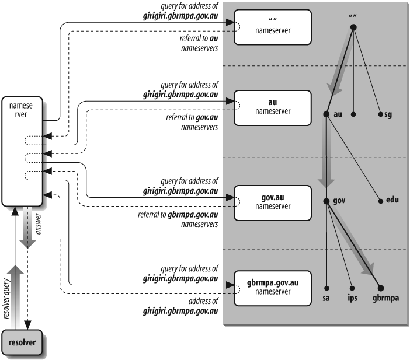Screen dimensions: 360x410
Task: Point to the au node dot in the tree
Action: [x=326, y=114]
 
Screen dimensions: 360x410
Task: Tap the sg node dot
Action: [x=380, y=114]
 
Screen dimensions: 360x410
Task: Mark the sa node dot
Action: [x=326, y=288]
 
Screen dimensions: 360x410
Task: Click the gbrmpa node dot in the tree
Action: [x=381, y=288]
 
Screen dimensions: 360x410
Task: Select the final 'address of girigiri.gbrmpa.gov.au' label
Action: [x=181, y=306]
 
